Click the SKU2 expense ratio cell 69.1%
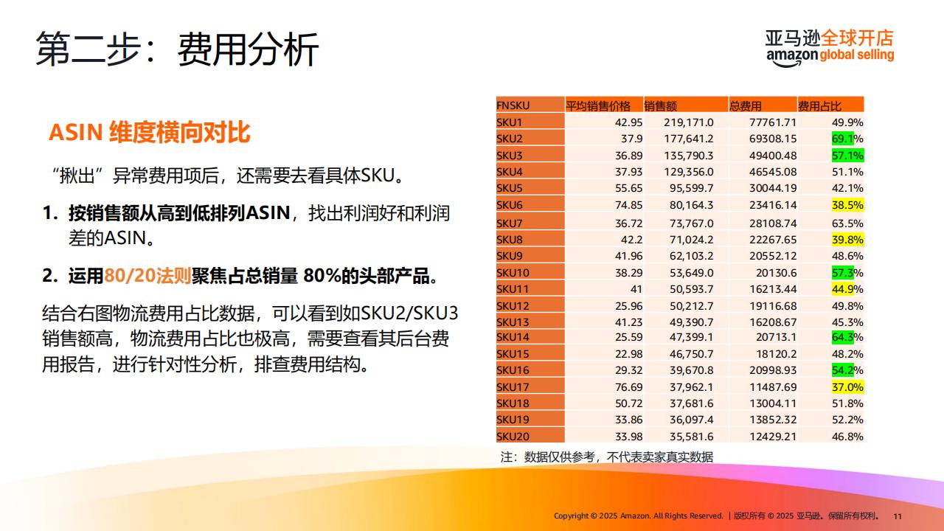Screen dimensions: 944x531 pos(847,139)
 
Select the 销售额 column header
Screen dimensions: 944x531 pos(660,105)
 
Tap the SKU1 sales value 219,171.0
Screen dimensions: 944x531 pos(689,122)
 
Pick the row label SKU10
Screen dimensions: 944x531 pos(513,273)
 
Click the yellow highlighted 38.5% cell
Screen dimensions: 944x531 pos(847,205)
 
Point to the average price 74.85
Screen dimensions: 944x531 pos(629,205)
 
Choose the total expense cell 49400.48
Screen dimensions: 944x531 pos(773,156)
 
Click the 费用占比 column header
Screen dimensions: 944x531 pos(819,105)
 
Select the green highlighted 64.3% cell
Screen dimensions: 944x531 pos(847,337)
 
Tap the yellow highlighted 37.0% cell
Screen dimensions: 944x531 pos(847,387)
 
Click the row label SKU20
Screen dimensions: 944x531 pos(513,436)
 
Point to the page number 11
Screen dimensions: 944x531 pos(898,516)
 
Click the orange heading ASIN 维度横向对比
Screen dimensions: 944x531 pos(150,132)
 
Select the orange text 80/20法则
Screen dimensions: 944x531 pos(147,276)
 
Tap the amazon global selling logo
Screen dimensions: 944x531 pos(830,48)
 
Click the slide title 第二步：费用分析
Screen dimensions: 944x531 pos(177,49)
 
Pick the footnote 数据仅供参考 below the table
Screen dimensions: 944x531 pos(607,457)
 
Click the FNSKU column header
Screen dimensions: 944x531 pos(513,105)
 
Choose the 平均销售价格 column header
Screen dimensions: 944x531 pos(598,105)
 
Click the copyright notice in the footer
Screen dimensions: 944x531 pos(716,516)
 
